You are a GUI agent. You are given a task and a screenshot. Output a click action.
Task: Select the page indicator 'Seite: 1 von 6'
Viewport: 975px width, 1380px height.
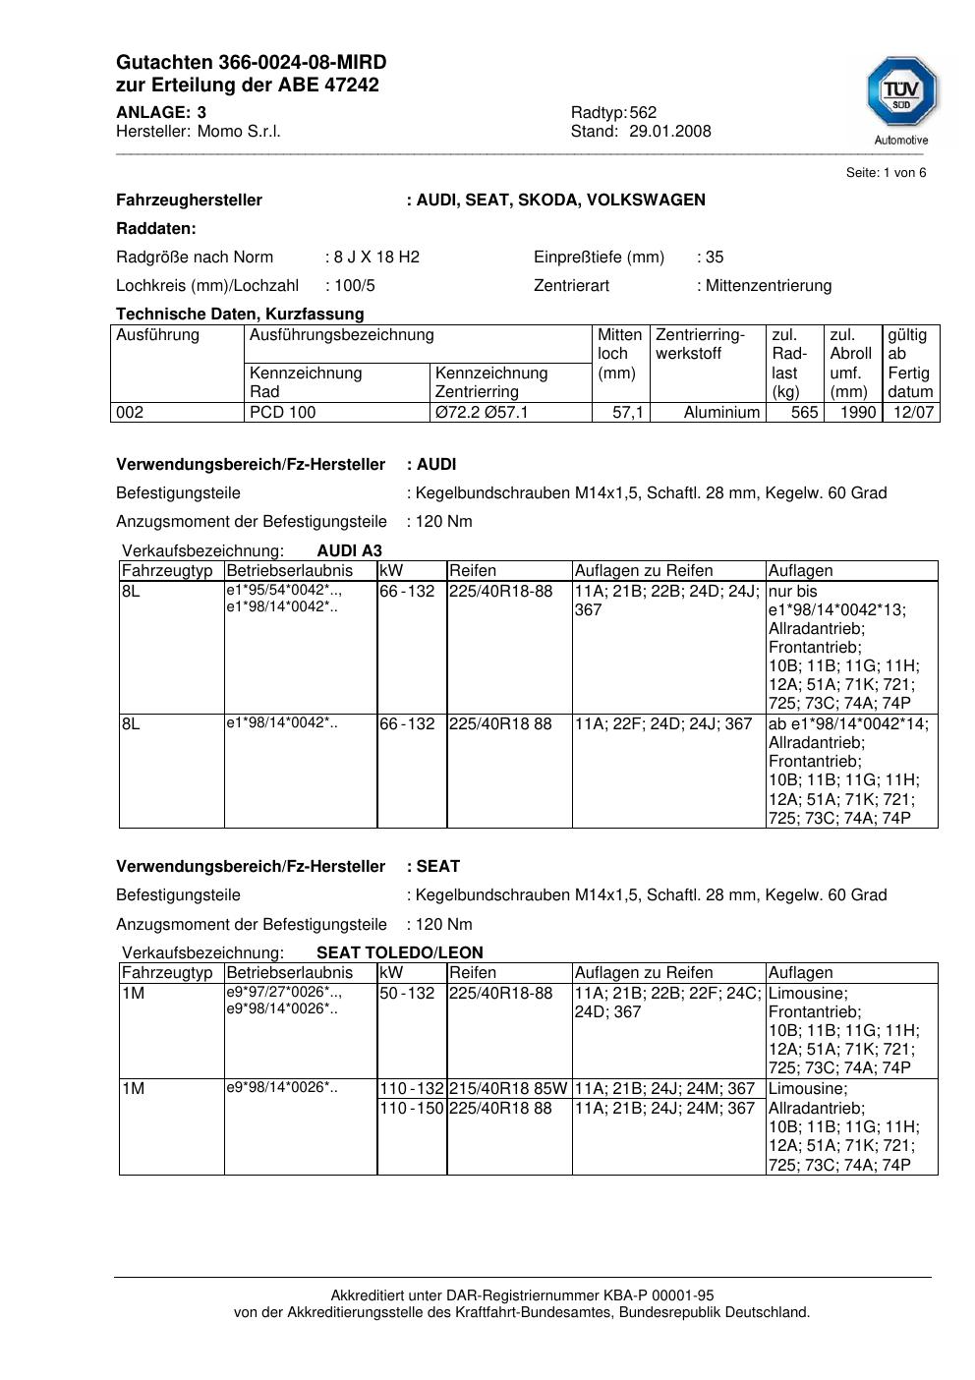(886, 173)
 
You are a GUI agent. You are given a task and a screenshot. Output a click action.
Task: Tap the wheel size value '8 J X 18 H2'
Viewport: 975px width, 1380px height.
(376, 258)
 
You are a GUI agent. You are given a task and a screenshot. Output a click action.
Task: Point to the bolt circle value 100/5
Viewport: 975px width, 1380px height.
(354, 286)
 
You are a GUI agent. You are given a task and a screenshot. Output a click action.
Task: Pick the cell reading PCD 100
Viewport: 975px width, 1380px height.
(283, 413)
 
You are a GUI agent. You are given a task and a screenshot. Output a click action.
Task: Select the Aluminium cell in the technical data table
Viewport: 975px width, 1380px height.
(721, 413)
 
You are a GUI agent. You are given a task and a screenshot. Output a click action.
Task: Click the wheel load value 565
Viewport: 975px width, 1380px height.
(804, 413)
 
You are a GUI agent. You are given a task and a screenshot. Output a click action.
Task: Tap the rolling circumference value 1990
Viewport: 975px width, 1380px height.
(857, 413)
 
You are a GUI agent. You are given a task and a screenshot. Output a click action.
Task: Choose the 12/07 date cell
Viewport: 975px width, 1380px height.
(912, 413)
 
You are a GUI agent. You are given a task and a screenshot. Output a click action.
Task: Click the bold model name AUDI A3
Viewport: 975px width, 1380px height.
(350, 551)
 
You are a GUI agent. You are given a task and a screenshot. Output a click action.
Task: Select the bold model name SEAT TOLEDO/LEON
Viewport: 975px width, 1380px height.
(400, 953)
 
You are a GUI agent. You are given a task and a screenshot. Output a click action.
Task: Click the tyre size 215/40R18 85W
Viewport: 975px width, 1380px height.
(508, 1089)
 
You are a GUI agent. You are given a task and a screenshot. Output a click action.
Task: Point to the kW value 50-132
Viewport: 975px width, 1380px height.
(407, 994)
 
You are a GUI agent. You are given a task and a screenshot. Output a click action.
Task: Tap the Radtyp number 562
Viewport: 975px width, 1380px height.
(643, 113)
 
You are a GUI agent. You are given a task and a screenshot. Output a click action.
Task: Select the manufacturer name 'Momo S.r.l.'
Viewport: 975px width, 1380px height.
(239, 132)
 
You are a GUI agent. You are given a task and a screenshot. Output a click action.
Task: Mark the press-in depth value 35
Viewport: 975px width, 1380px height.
(715, 258)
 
